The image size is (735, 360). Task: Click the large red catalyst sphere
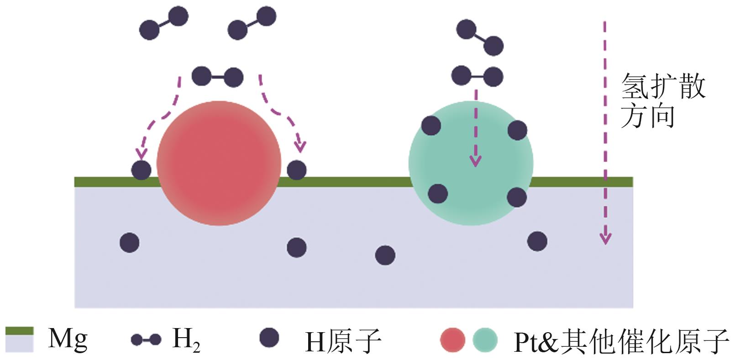(x=219, y=163)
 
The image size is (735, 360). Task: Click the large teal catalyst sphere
(x=471, y=163)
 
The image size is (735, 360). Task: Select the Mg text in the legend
(x=68, y=339)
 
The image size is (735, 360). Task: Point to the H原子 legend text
(x=343, y=340)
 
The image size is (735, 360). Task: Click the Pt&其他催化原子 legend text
(x=621, y=340)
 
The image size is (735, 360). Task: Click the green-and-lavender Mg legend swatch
(x=19, y=339)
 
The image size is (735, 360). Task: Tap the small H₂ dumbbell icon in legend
(x=146, y=340)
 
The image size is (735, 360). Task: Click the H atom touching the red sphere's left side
(x=141, y=170)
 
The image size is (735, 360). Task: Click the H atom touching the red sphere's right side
(x=297, y=170)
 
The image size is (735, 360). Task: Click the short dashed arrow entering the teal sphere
(x=476, y=128)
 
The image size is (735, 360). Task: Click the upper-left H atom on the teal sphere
(x=431, y=125)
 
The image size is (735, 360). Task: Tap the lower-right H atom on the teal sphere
(x=517, y=197)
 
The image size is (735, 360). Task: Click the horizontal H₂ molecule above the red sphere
(x=217, y=77)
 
